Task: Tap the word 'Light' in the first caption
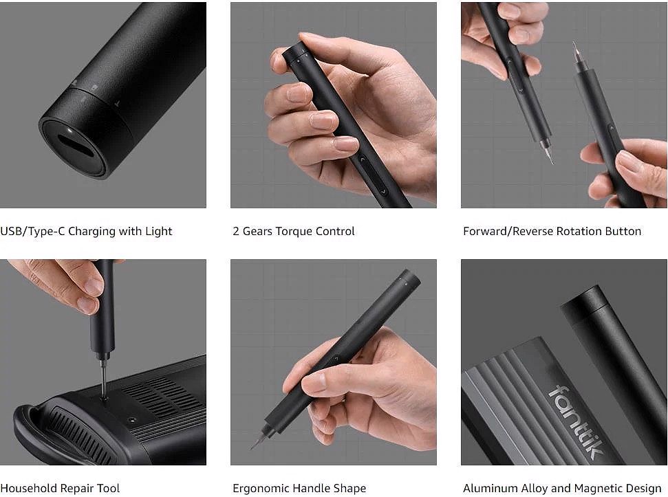click(159, 231)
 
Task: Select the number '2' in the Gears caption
click(236, 231)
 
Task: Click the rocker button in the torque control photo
click(372, 175)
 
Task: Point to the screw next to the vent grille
click(133, 420)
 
